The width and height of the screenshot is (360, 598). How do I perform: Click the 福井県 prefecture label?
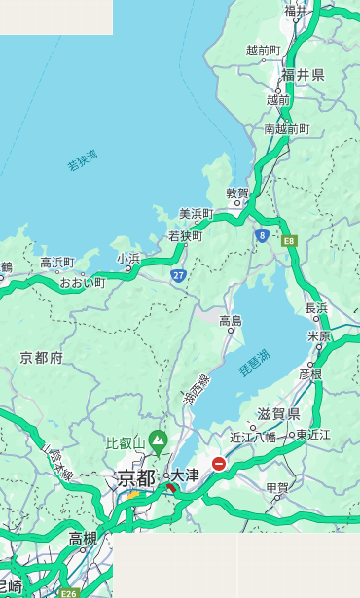point(304,75)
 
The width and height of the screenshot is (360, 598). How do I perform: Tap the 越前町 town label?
point(264,50)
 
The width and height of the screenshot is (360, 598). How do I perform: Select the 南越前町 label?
point(287,128)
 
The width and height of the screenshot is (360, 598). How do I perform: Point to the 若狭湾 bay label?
point(83,160)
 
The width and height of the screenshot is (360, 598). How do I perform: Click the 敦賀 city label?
point(237,193)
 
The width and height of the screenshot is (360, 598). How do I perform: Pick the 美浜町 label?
point(197,214)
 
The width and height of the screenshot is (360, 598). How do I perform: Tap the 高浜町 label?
point(57,262)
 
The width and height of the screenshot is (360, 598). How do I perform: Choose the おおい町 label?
point(83,282)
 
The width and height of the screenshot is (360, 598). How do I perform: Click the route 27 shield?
point(179,276)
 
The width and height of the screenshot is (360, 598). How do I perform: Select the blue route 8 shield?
point(262,235)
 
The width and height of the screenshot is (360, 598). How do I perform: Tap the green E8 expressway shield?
point(289,240)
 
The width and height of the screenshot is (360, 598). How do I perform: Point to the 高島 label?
point(231,320)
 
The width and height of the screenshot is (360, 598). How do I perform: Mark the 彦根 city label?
point(310,373)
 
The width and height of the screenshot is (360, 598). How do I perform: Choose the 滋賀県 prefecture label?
point(278,413)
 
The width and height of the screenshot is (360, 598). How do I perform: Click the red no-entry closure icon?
point(219,465)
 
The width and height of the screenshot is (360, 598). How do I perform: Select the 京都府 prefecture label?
point(42,358)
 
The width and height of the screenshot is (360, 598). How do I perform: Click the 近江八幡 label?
point(253,437)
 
